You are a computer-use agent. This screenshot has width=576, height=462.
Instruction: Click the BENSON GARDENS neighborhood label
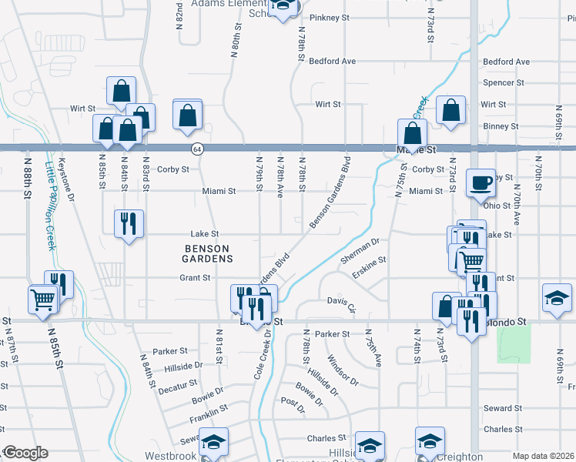pos(208,253)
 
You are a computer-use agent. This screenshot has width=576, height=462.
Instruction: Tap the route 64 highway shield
pos(198,149)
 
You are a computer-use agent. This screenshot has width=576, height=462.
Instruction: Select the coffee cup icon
pos(481,183)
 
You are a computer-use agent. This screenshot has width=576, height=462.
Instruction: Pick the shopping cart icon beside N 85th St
pos(42,299)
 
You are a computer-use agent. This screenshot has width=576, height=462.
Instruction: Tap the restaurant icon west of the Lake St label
pos(129,224)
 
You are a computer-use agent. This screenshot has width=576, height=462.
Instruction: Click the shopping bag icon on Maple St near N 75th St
pos(413,133)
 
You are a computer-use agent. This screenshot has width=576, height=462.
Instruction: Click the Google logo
pos(25,453)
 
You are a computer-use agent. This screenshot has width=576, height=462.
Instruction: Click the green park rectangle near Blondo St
pos(514,343)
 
